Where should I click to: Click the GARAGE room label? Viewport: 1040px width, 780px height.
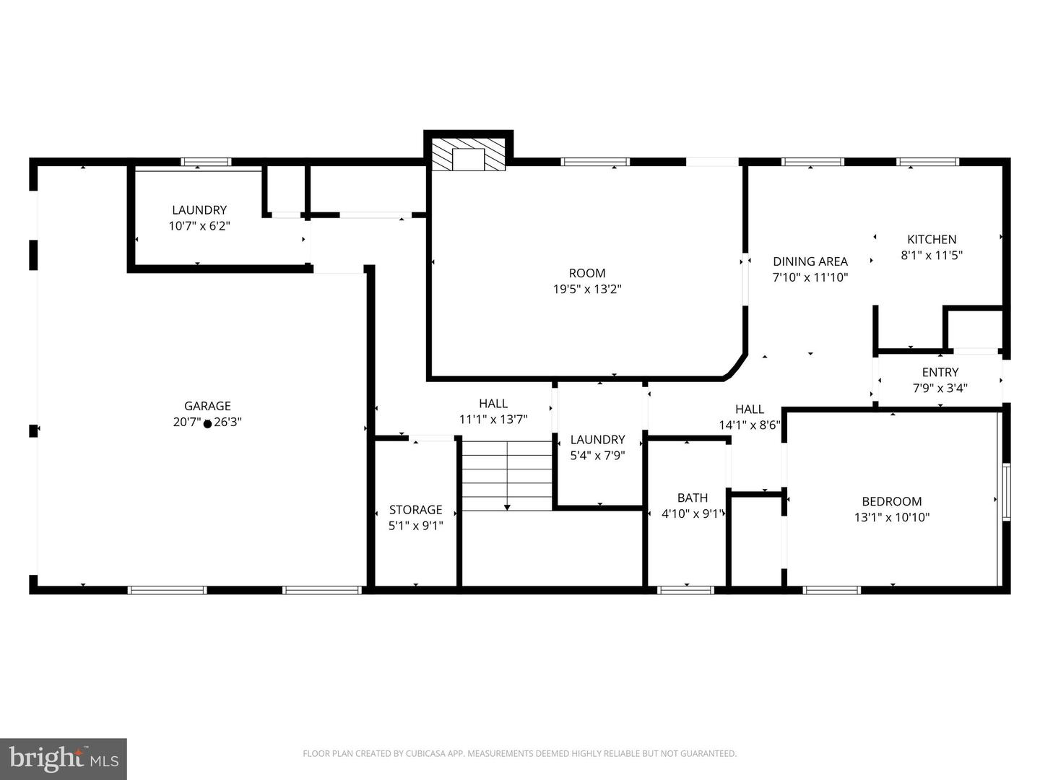coord(207,406)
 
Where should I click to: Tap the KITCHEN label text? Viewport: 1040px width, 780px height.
coord(932,239)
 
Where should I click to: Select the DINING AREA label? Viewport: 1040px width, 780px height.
coord(810,261)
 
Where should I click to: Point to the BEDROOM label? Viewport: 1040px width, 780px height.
coord(892,501)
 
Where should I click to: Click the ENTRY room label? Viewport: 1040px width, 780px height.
coord(940,372)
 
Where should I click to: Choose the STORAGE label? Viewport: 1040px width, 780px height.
coord(415,510)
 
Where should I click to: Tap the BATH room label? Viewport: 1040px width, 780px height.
coord(692,498)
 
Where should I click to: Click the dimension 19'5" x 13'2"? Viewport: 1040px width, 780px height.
coord(587,289)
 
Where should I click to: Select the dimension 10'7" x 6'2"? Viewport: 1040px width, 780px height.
coord(199,226)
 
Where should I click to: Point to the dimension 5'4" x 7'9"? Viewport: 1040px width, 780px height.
coord(597,456)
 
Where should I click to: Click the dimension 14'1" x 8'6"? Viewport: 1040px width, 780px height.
coord(750,425)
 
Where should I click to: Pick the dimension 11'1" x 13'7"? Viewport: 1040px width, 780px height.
coord(493,420)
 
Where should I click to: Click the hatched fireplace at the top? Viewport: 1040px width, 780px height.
coord(468,154)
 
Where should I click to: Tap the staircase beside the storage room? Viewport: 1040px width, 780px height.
coord(507,476)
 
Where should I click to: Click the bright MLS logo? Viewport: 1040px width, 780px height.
coord(63,758)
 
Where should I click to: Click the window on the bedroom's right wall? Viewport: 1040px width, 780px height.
coord(1006,493)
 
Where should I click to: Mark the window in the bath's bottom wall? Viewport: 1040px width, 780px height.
coord(685,590)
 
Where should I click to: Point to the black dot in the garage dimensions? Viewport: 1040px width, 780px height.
coord(207,425)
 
